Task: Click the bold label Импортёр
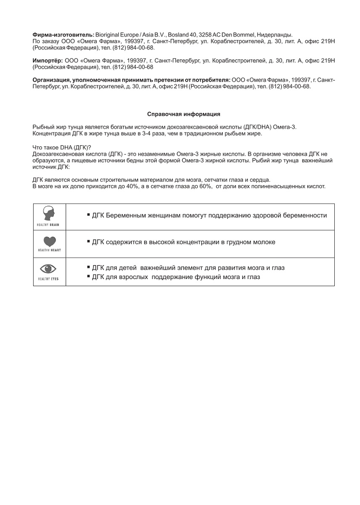point(48,61)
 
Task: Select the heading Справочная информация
point(184,114)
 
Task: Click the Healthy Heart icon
point(50,242)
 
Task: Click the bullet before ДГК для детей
point(88,267)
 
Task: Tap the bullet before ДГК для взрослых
point(88,276)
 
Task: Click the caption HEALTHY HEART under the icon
point(50,250)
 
